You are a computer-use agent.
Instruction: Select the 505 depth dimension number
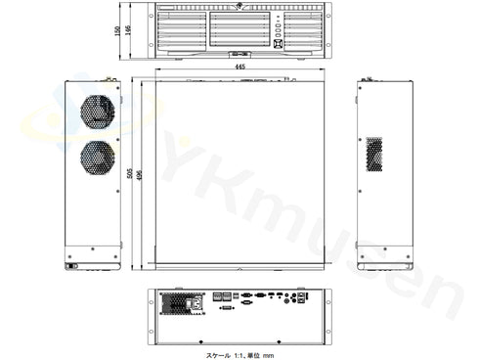(130, 173)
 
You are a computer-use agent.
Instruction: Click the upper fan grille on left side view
(99, 112)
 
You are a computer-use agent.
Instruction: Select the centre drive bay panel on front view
(239, 28)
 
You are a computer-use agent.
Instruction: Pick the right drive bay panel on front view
(298, 28)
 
